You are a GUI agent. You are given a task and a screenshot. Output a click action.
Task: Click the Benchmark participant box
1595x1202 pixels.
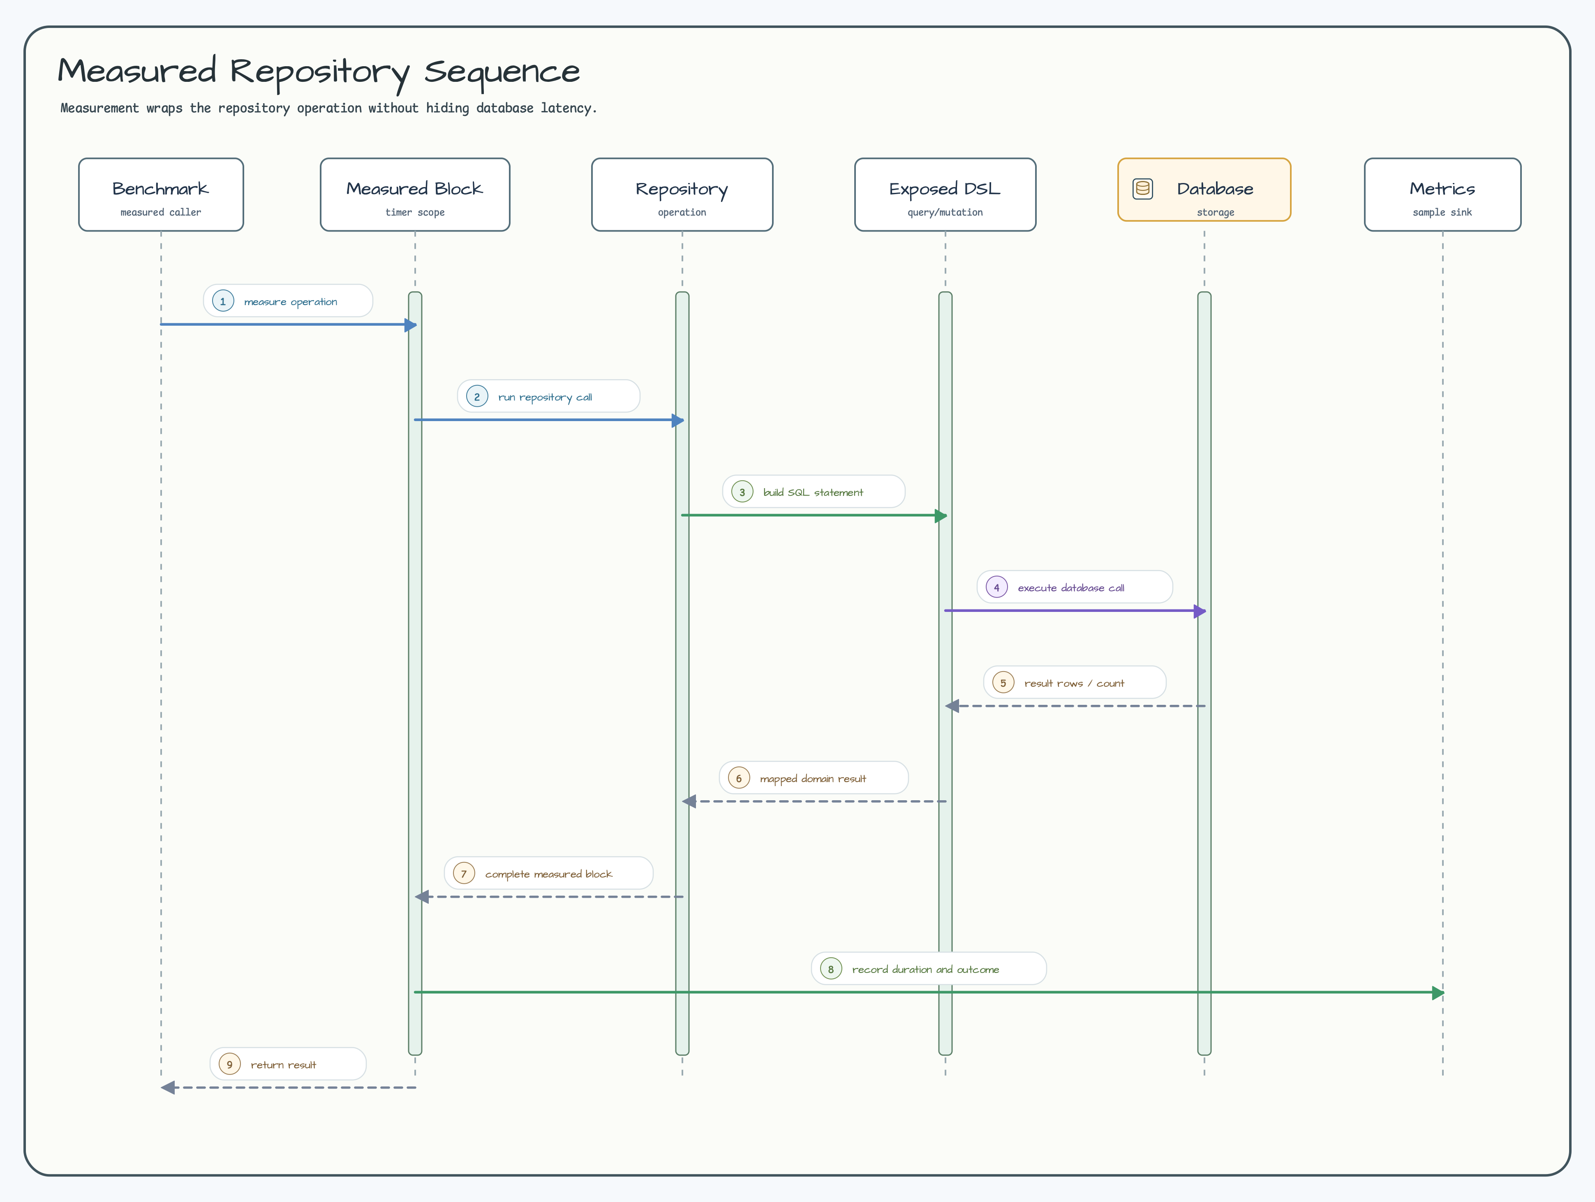tap(161, 195)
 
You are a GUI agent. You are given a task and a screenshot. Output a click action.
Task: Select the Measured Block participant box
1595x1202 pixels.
tap(415, 195)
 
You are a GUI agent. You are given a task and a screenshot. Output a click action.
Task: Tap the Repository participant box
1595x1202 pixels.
tap(682, 195)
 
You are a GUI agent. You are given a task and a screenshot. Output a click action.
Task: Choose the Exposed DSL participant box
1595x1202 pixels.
tap(945, 195)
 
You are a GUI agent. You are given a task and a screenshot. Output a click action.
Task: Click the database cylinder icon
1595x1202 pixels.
tap(1143, 189)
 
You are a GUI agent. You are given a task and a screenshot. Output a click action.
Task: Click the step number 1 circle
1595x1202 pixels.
tap(223, 301)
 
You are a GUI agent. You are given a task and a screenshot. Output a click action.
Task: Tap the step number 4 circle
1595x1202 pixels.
tap(996, 587)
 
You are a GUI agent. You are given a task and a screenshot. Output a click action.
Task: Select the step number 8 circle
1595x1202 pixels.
tap(831, 969)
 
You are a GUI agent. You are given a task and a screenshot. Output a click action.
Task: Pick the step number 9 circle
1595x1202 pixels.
tap(229, 1064)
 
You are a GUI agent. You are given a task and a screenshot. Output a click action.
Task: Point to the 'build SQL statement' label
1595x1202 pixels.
tap(814, 492)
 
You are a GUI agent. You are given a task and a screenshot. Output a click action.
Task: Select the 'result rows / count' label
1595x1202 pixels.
tap(1075, 683)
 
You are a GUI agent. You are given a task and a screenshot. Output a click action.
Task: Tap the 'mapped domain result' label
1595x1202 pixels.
tap(814, 778)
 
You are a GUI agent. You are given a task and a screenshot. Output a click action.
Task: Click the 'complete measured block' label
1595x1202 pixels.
tap(549, 874)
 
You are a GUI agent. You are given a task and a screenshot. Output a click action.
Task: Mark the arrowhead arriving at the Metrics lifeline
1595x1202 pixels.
tap(1438, 993)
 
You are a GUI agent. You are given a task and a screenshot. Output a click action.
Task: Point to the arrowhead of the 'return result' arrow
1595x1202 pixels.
tap(167, 1087)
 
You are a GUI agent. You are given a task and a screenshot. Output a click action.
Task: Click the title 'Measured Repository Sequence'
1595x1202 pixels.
tap(319, 72)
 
